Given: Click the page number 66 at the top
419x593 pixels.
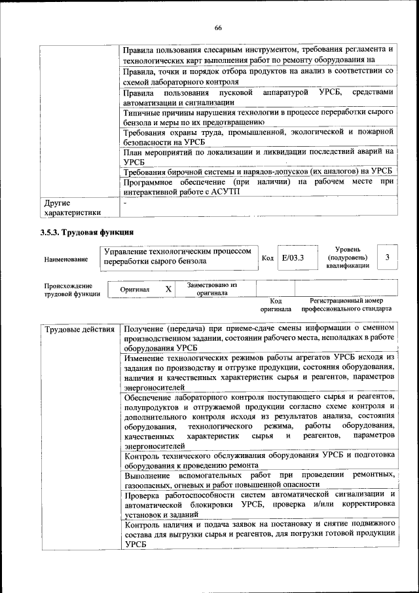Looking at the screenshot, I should pos(217,28).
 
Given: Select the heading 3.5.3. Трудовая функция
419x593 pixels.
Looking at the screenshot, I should pos(87,232).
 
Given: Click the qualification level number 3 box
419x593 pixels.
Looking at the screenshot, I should pos(388,258).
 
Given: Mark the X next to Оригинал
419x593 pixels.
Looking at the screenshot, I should pos(168,289).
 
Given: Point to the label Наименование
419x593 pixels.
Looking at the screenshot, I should pos(66,259).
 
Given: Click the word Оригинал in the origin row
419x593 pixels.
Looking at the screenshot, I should pos(135,290).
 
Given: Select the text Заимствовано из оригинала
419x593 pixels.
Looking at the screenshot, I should pos(213,290).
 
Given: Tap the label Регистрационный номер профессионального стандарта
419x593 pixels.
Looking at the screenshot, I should pos(346,304).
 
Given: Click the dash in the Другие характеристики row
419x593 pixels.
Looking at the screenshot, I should pos(125,202).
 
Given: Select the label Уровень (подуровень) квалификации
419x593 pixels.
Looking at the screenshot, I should pos(348,258).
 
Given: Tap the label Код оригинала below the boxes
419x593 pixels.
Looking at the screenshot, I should pos(276,304).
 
